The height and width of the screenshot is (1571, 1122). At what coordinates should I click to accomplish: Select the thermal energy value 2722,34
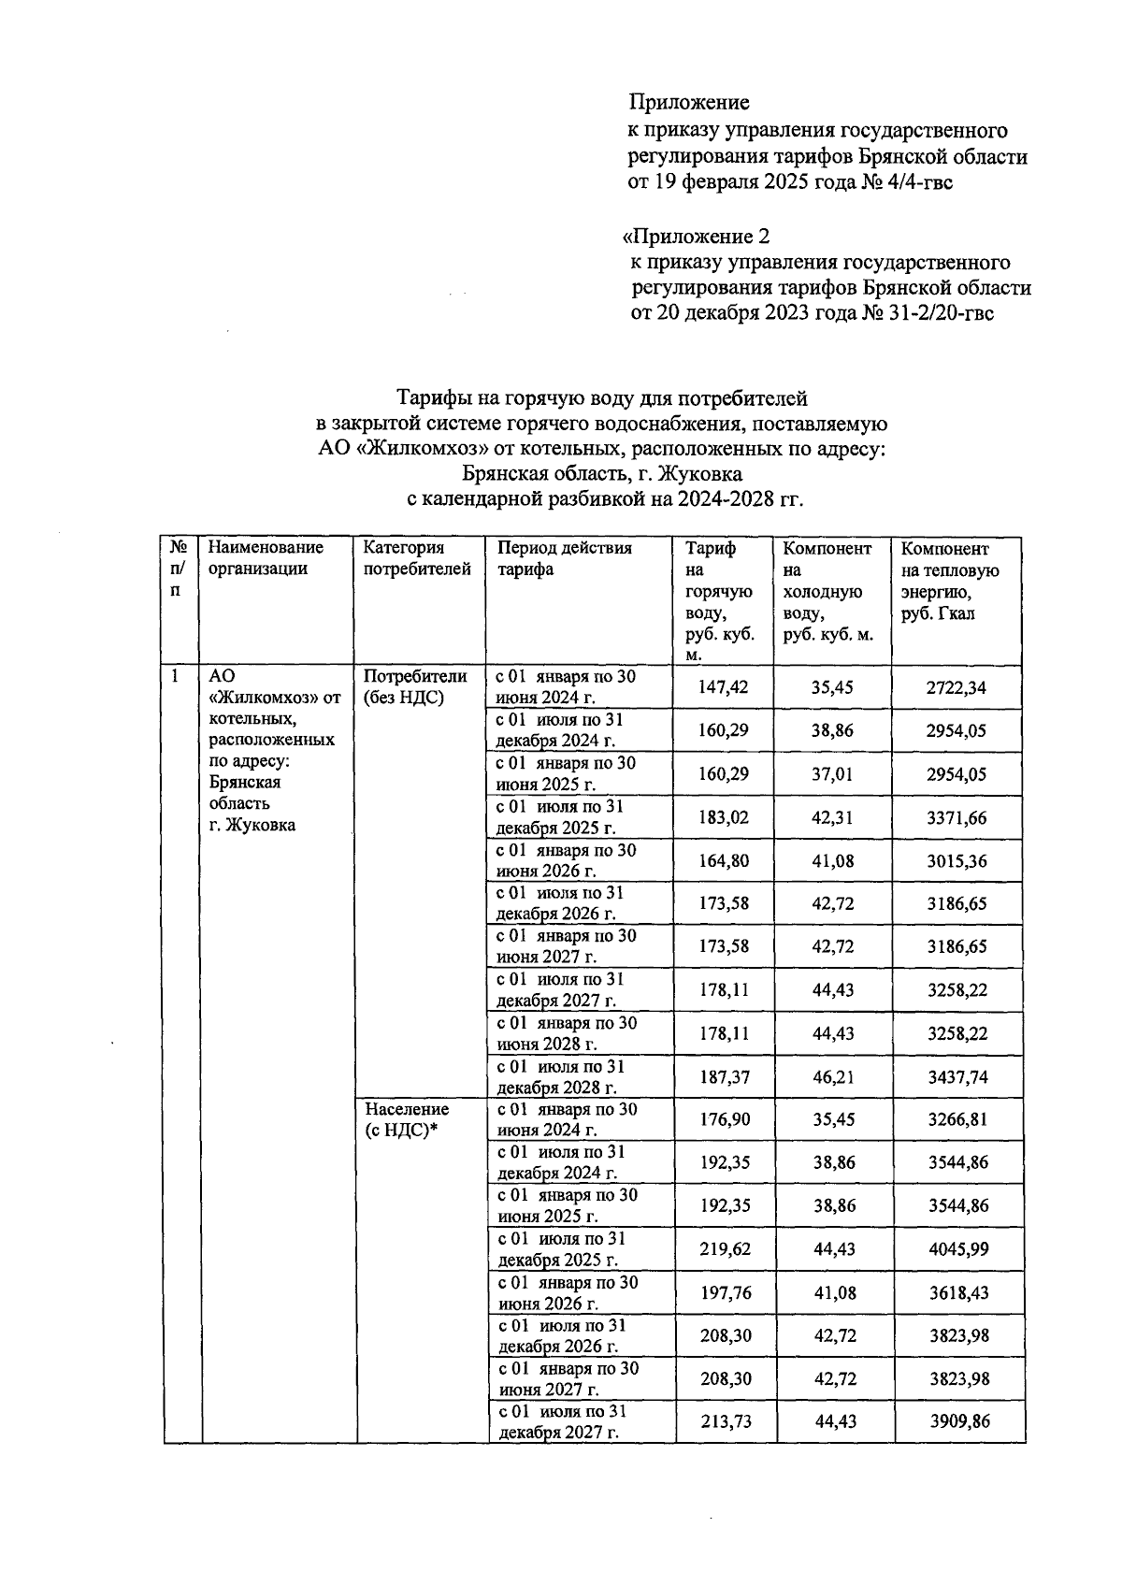956,687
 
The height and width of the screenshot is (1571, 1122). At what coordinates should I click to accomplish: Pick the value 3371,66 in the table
956,817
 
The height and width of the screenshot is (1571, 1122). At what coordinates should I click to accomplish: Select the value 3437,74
956,1077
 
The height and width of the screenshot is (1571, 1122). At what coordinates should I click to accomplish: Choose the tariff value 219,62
725,1249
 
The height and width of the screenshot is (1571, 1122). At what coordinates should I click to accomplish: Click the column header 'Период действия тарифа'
564,558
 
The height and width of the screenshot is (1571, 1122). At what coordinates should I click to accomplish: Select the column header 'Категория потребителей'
416,558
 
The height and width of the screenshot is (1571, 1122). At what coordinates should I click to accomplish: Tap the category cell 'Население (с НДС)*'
406,1119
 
